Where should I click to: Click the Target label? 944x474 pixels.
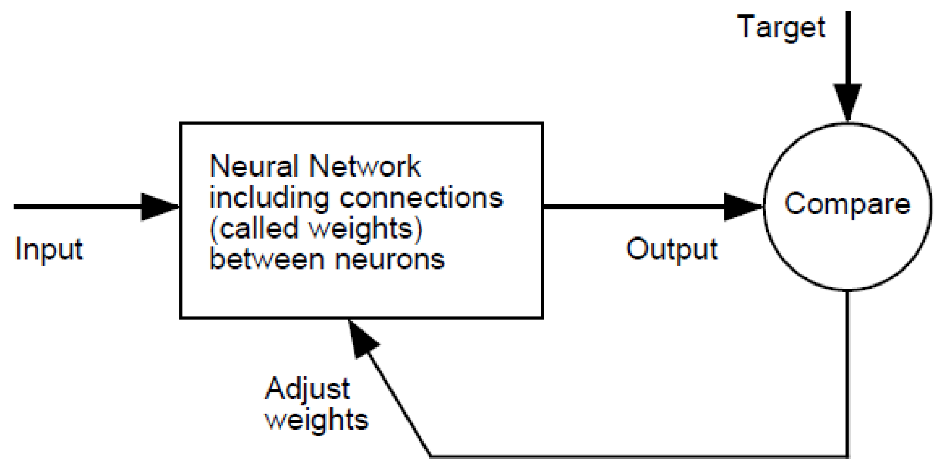(780, 27)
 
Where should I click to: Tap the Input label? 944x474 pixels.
(49, 249)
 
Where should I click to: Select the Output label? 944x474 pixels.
(671, 249)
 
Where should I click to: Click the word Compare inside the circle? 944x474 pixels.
(847, 203)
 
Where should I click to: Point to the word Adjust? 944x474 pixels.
(307, 389)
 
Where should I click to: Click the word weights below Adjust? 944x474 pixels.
(317, 419)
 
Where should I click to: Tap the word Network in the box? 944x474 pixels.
(365, 167)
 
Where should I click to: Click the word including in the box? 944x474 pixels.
(269, 198)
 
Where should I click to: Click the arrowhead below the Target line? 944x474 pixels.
(847, 102)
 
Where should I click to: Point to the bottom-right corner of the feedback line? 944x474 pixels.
(847, 456)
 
